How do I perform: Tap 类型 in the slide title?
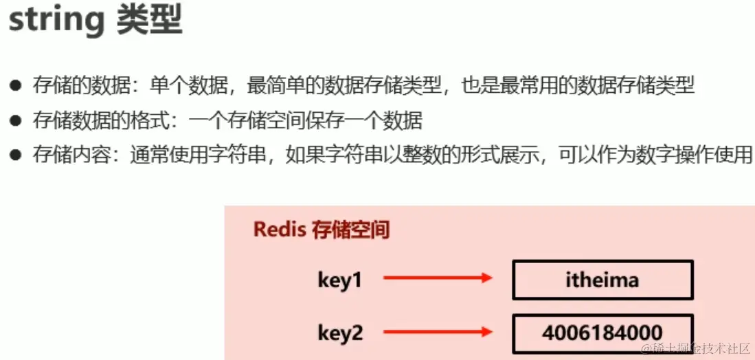click(x=148, y=21)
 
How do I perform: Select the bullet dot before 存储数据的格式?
click(x=15, y=121)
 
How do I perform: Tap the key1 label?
click(x=339, y=280)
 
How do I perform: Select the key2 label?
click(x=339, y=333)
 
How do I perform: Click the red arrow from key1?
click(x=438, y=278)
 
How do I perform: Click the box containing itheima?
click(x=602, y=280)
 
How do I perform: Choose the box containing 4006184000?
click(x=602, y=333)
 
